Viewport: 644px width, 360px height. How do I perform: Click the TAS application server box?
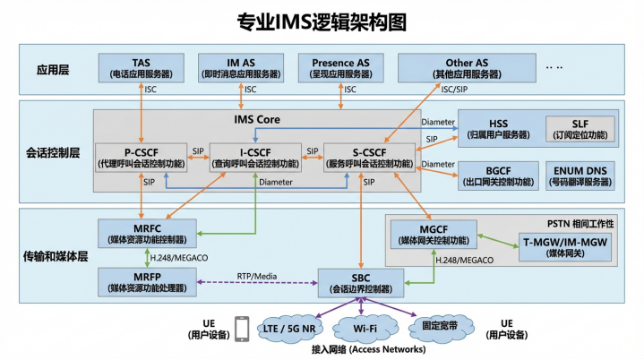[x=141, y=68]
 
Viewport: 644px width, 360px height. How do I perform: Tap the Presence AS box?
[x=340, y=68]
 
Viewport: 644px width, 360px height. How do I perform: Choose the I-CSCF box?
[x=256, y=157]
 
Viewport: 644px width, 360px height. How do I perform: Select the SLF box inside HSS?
[x=580, y=127]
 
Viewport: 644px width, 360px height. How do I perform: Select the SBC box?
[x=361, y=283]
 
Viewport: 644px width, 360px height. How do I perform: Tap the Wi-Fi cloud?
[x=365, y=327]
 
